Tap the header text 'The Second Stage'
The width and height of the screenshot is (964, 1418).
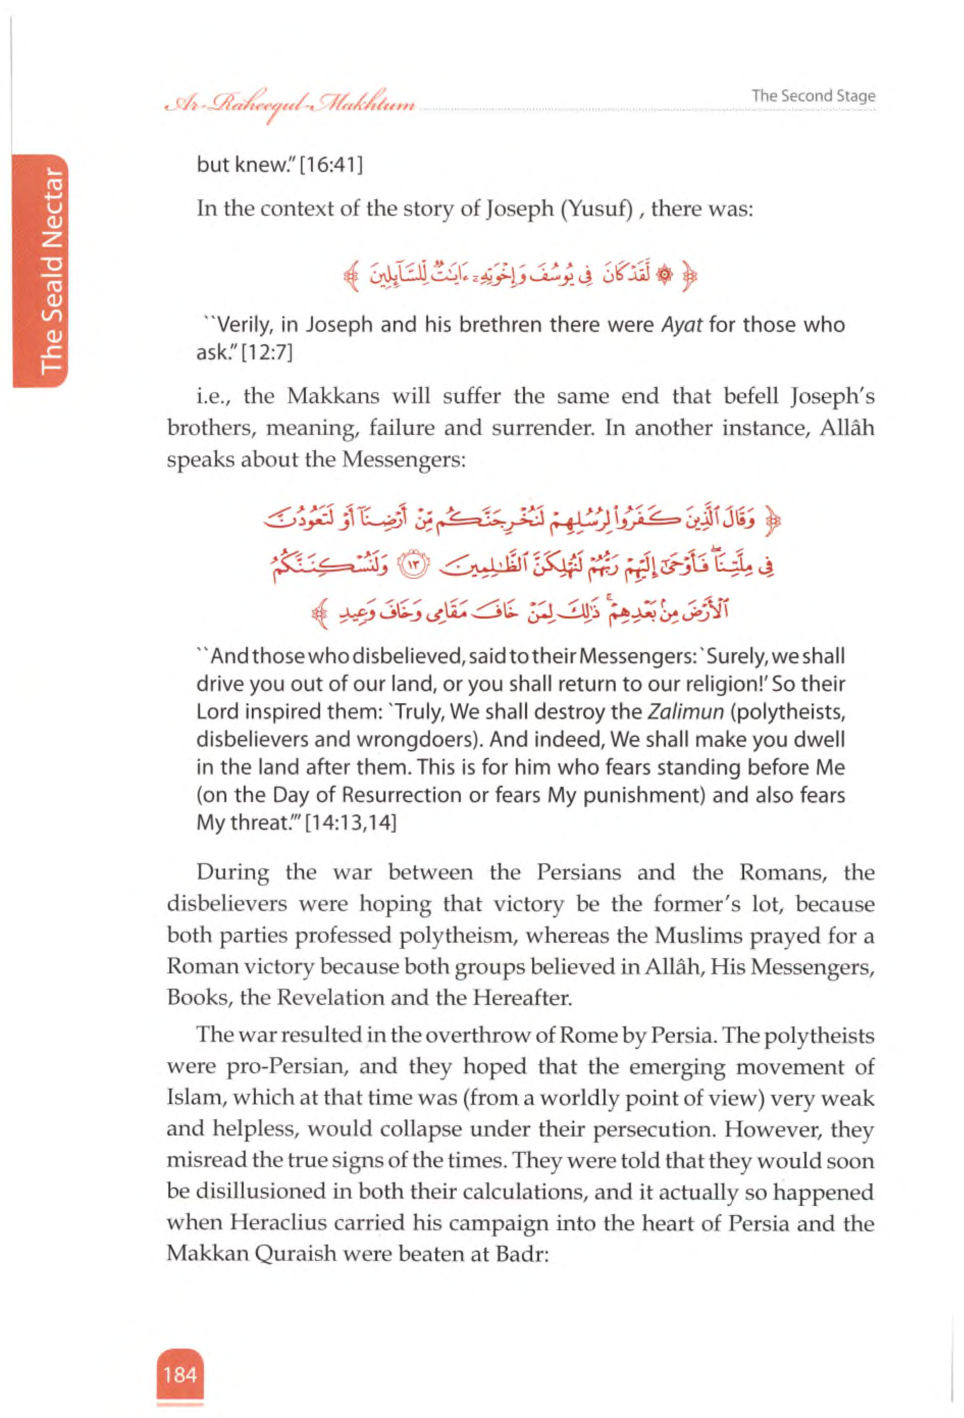(813, 96)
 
